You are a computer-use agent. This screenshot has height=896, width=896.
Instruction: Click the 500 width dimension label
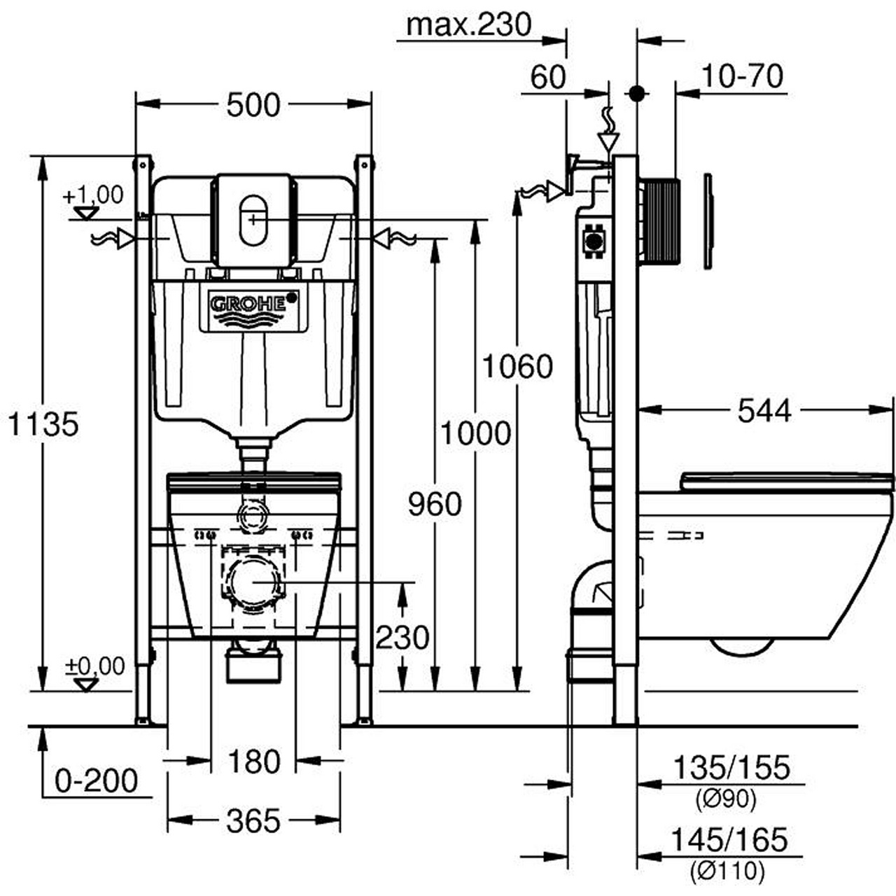click(x=253, y=105)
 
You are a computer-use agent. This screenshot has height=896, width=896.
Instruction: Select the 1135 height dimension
click(x=43, y=424)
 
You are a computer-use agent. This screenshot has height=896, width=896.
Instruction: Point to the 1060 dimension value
click(x=517, y=366)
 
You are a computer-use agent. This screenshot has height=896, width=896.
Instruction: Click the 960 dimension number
click(x=435, y=504)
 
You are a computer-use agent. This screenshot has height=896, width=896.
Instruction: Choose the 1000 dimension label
click(x=475, y=433)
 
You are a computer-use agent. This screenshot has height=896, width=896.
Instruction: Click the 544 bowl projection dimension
click(x=764, y=411)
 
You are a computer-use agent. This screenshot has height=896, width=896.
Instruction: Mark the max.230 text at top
click(x=470, y=25)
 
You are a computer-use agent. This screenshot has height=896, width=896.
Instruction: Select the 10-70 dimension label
click(x=741, y=76)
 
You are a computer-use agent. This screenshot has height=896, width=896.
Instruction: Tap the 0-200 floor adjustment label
click(x=97, y=780)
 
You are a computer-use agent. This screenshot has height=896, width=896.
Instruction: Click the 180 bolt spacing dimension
click(x=253, y=761)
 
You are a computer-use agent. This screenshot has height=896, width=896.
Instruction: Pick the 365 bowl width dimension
click(x=253, y=820)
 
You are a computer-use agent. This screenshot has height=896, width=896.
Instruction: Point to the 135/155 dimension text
click(x=731, y=768)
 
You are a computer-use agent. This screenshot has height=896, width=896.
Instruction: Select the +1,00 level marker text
click(x=93, y=195)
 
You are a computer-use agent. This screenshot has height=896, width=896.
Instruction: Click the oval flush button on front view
click(x=253, y=220)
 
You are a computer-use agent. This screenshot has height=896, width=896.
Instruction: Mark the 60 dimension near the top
click(x=547, y=77)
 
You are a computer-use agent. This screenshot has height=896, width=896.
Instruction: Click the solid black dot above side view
click(x=636, y=93)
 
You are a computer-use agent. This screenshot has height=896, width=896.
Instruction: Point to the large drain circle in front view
click(x=253, y=582)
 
